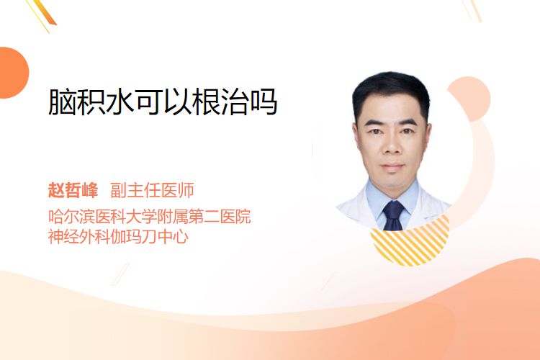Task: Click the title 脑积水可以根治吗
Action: [163, 102]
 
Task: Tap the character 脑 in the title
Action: [62, 102]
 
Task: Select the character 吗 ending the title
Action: [264, 102]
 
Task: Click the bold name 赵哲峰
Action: [73, 190]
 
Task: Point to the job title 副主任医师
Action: [152, 190]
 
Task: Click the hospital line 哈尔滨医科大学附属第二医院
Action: [150, 217]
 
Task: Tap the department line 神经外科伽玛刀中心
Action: [118, 236]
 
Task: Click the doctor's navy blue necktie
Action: [393, 215]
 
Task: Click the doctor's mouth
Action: [392, 166]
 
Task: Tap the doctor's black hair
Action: [391, 89]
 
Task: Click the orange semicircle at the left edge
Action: [13, 73]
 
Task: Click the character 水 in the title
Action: [120, 102]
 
